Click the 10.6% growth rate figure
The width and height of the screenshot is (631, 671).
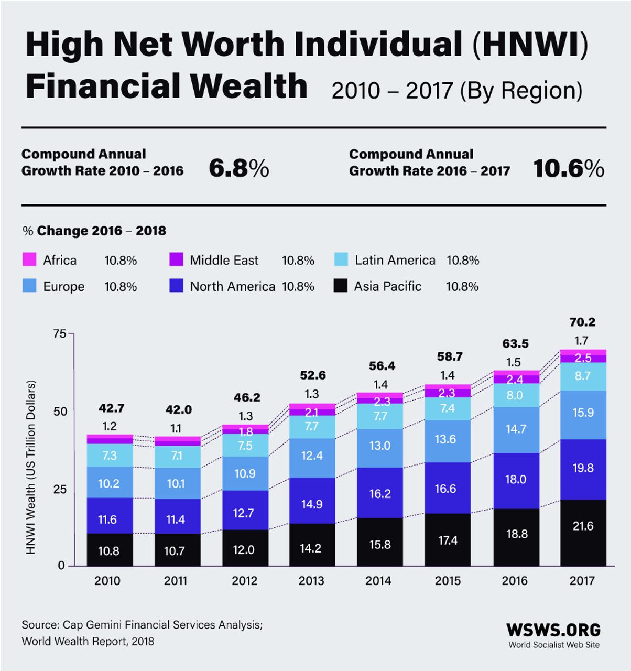[569, 169]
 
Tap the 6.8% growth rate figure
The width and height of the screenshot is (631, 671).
[238, 169]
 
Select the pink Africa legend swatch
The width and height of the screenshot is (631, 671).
[29, 259]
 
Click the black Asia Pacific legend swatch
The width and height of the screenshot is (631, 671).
[340, 286]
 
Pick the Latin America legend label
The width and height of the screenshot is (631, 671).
[395, 260]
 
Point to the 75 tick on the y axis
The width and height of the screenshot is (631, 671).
[60, 334]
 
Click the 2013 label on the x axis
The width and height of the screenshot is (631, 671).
[311, 581]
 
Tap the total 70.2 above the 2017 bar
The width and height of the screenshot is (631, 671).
[582, 322]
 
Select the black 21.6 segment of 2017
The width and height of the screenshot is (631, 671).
[583, 526]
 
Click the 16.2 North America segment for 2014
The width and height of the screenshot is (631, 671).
[380, 493]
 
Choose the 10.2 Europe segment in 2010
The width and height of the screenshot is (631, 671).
[109, 483]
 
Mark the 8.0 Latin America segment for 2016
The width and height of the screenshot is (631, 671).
[515, 395]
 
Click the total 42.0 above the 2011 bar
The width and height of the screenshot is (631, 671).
[178, 410]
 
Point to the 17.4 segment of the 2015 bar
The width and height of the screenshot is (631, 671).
[448, 540]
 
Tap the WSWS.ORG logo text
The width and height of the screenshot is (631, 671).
[553, 630]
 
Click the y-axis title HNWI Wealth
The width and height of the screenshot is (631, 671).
[31, 467]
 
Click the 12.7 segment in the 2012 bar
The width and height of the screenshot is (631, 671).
[244, 513]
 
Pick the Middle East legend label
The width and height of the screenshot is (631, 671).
[224, 260]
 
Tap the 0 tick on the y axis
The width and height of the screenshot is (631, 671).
[61, 566]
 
